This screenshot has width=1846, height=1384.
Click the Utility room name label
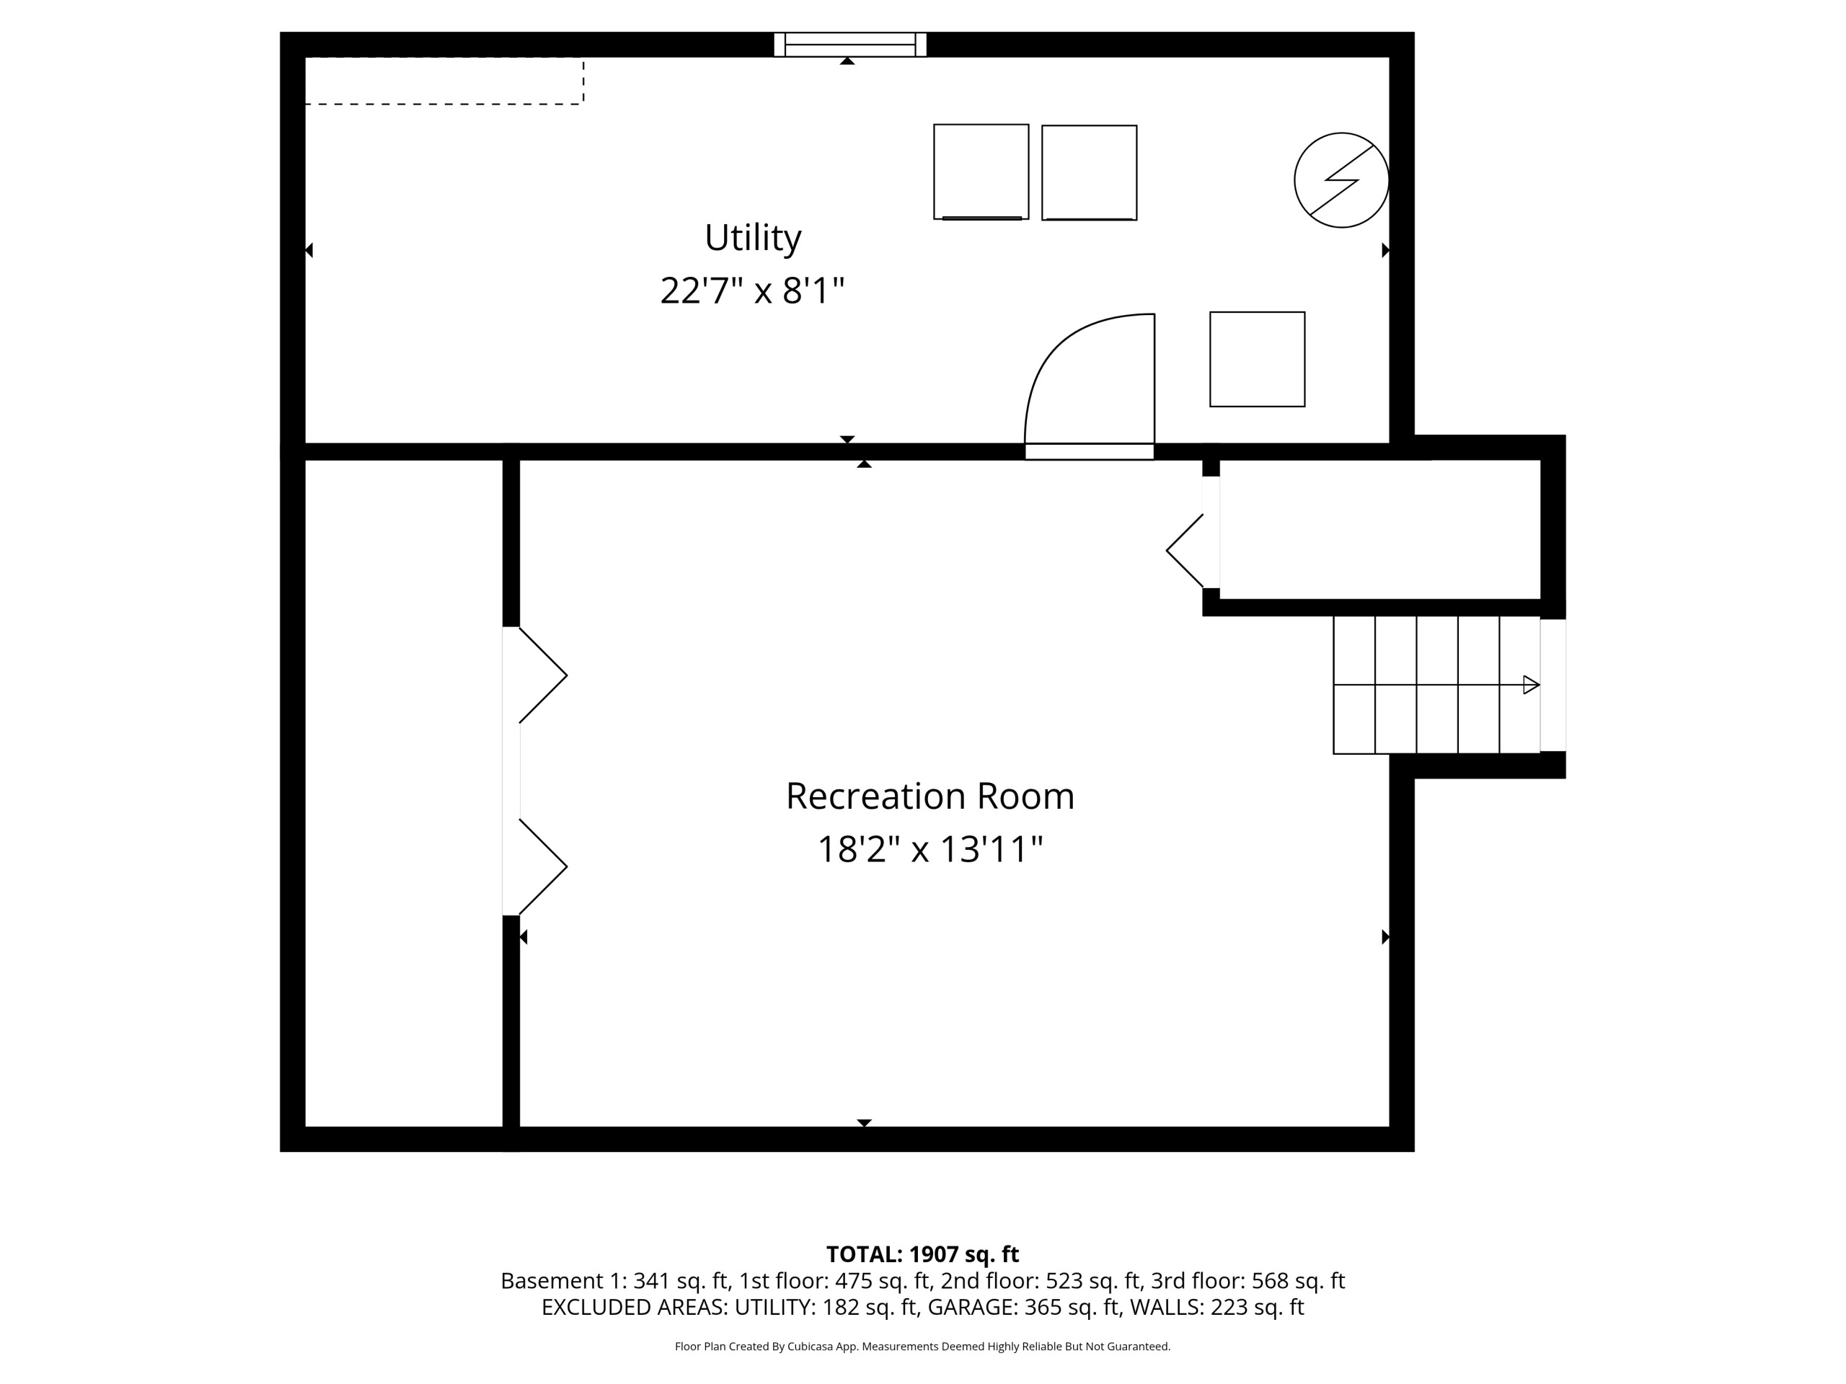[753, 239]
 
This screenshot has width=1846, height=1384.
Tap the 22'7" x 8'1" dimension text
[753, 291]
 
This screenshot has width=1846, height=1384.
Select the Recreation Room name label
[929, 796]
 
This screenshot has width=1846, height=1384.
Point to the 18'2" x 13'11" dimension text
[929, 849]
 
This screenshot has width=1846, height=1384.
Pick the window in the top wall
[850, 44]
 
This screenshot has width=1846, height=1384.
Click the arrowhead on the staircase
[1532, 685]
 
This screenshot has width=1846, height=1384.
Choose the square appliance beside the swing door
[1257, 360]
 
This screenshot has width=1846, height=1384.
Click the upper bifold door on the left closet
[542, 675]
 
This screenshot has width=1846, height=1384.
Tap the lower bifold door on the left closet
[542, 866]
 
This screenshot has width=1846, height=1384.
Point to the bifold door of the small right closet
[1185, 551]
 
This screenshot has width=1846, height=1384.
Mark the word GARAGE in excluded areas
[971, 1308]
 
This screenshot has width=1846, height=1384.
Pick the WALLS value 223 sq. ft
[1257, 1308]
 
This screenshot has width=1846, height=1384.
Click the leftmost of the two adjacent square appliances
[981, 172]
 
